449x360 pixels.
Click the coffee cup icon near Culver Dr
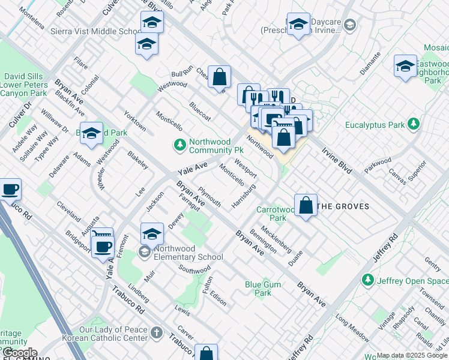click(x=10, y=190)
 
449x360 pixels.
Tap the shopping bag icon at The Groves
click(x=306, y=205)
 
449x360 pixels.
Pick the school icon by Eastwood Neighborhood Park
click(x=405, y=66)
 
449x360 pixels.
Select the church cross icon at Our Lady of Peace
click(x=157, y=332)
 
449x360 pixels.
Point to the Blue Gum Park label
click(x=258, y=289)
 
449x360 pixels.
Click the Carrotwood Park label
click(x=276, y=214)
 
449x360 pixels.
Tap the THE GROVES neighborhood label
click(x=342, y=206)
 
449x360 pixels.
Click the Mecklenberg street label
click(x=276, y=239)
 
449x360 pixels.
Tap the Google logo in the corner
click(x=19, y=353)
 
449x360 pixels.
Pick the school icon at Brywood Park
click(x=91, y=134)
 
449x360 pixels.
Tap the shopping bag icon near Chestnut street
click(x=220, y=76)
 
